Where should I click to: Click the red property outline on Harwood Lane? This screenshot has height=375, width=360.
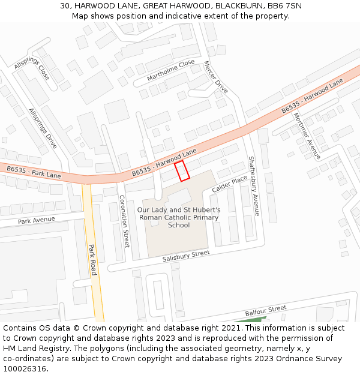pos(182,170)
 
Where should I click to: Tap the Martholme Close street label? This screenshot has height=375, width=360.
pos(171,70)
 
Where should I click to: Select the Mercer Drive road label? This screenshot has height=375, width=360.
pos(216,77)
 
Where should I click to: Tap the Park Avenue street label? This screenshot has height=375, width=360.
pos(36,220)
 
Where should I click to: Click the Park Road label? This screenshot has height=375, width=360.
pos(92,260)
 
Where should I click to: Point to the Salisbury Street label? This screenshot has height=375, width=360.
pos(186,256)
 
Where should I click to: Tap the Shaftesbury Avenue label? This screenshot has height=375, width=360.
pos(254,186)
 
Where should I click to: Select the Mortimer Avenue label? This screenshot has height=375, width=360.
pos(307,136)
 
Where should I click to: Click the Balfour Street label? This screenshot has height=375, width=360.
pos(266,311)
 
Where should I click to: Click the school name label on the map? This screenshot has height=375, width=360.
pos(179,217)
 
